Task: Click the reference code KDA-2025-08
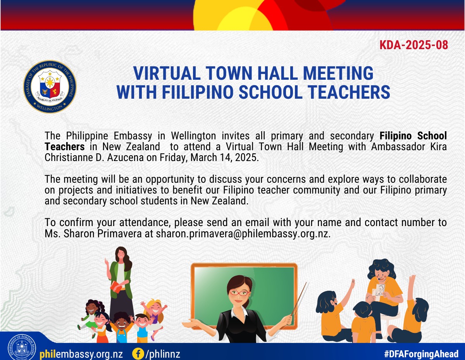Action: (413, 45)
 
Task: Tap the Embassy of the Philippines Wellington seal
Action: (50, 87)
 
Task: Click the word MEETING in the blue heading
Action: (338, 73)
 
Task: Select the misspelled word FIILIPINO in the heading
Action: (198, 92)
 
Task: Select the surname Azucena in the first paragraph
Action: (126, 158)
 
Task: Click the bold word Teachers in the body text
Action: (65, 147)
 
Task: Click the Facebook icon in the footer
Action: (138, 353)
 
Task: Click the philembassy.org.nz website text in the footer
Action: (81, 354)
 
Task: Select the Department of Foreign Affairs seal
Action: (22, 347)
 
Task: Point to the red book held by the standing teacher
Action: (116, 287)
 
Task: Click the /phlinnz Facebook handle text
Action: (163, 354)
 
